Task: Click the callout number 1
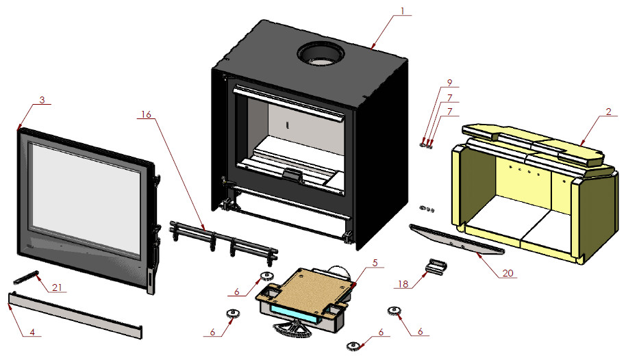[403, 10]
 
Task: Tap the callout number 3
[42, 100]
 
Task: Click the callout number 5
[375, 262]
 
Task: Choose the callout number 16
[145, 116]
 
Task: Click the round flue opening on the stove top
[319, 54]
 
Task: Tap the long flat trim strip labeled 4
[75, 314]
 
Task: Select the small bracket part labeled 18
[436, 266]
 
